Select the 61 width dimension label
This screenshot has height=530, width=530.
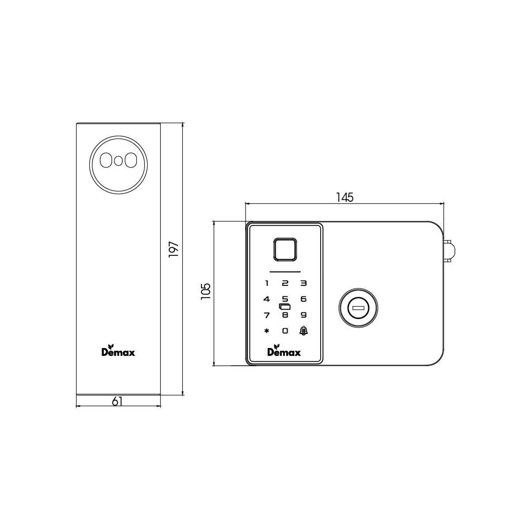click(117, 401)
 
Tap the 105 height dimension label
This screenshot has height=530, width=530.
click(206, 292)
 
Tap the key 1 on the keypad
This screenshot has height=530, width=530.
click(266, 284)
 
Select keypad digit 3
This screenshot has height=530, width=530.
click(303, 284)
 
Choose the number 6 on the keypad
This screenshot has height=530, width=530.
click(303, 299)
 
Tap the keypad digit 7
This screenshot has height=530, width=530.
click(266, 315)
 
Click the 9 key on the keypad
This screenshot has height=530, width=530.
click(303, 315)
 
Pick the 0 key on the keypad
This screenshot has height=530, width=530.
click(285, 330)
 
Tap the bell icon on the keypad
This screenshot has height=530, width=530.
click(303, 330)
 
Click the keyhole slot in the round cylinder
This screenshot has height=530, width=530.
click(358, 308)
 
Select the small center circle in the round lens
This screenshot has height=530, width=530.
click(118, 161)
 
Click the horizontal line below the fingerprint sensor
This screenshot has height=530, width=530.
click(285, 271)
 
